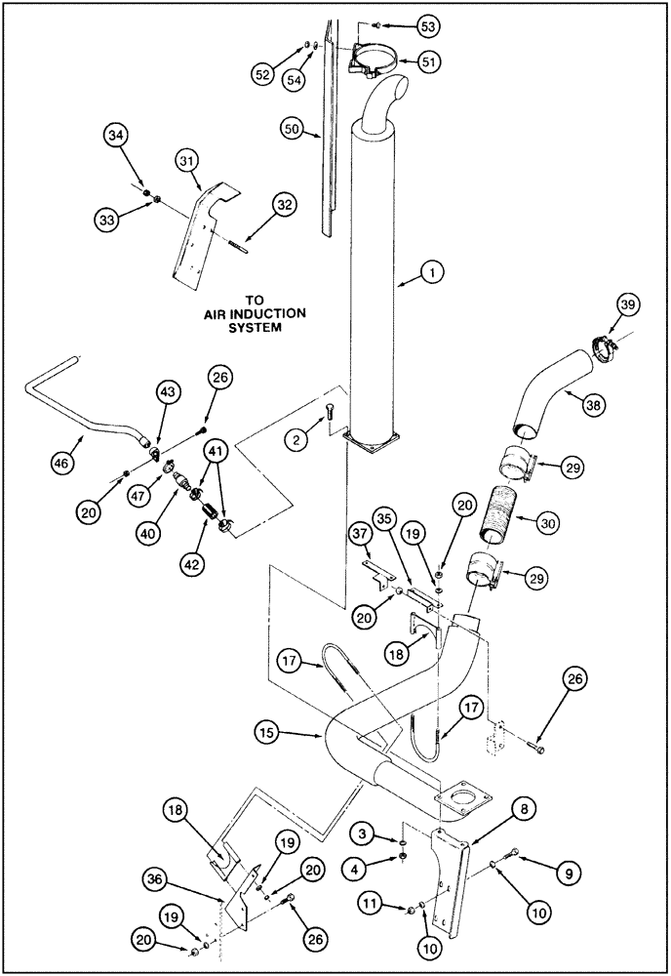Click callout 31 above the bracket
tap(189, 159)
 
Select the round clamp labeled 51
tap(375, 65)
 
